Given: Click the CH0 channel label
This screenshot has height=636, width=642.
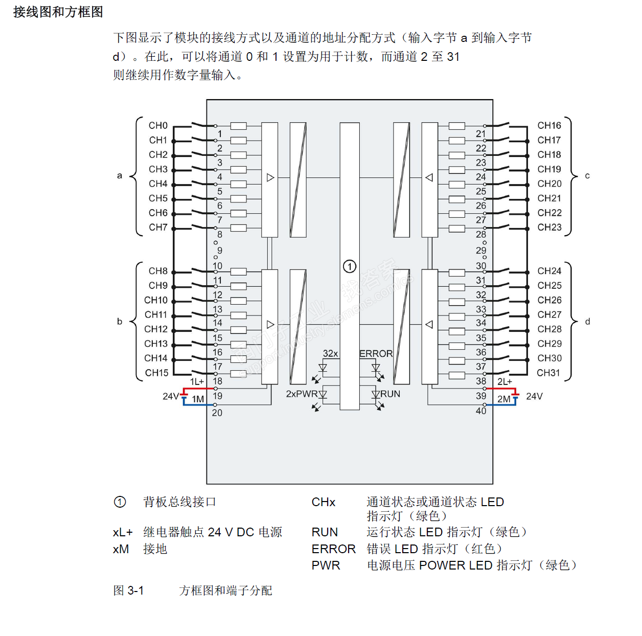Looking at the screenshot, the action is point(158,125).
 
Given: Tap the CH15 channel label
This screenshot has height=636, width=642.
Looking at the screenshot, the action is point(156,373).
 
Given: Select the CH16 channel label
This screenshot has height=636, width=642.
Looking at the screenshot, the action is point(549,125).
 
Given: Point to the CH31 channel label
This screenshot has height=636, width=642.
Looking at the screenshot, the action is point(548,373).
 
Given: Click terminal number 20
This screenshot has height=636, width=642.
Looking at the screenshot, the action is point(217,413).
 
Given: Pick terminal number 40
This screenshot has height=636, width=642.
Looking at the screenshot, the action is point(481,411).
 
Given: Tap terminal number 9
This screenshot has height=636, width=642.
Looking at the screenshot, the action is point(220,251).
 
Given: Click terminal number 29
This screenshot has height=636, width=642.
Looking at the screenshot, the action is point(481,251).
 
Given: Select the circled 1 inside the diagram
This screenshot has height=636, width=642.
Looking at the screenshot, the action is point(350,266).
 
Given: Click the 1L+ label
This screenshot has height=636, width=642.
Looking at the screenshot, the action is point(197,381).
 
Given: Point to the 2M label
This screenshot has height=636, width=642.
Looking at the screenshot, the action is point(504,399).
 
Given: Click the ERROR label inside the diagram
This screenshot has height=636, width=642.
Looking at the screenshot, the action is point(376,353).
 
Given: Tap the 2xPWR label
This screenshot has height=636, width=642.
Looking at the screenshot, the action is point(302,394).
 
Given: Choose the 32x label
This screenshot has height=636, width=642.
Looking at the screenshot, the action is point(330,353).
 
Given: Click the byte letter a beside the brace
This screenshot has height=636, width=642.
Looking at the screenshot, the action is point(120,175).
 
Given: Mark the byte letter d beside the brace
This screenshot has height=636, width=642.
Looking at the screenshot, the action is point(587,321).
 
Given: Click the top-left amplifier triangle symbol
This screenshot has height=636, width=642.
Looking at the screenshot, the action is point(270,177).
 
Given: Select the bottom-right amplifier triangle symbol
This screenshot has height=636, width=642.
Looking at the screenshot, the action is point(429,324).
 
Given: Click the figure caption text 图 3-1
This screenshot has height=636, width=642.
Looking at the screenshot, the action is point(128,590).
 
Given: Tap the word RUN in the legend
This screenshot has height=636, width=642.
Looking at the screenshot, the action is point(325,532).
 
